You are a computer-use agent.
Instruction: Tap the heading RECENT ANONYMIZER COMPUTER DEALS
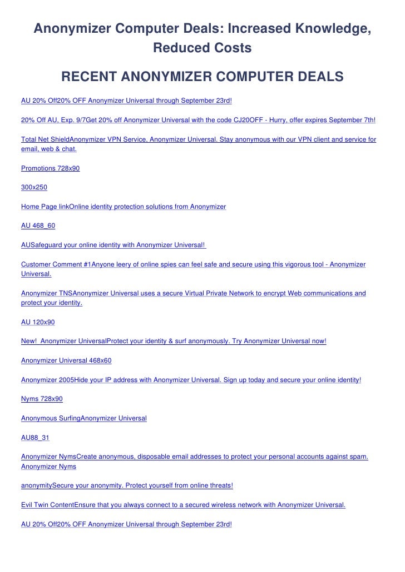tap(202, 76)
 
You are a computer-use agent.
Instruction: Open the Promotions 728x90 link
tap(50, 168)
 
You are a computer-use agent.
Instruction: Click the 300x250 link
tap(34, 187)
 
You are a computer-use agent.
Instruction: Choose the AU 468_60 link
tap(38, 225)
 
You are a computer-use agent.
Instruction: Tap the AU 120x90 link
tap(38, 322)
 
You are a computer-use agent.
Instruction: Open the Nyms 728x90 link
tap(42, 399)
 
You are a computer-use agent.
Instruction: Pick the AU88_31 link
tap(35, 437)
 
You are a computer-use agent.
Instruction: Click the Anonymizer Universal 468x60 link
tap(66, 360)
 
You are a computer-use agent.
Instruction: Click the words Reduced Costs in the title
tap(202, 48)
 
